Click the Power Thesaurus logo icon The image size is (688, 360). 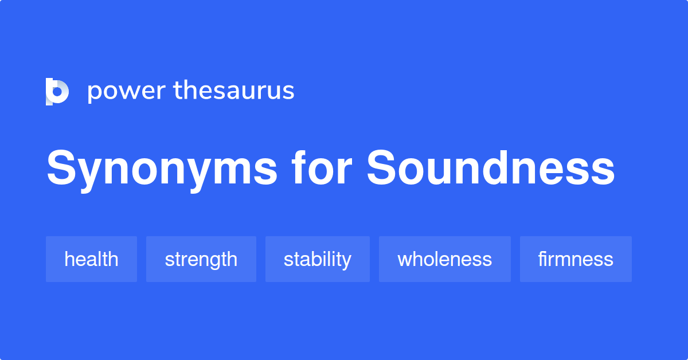click(57, 92)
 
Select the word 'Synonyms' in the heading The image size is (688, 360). click(162, 169)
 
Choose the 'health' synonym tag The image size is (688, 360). click(91, 259)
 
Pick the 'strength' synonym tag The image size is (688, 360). click(201, 259)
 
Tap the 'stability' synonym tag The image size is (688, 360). click(317, 259)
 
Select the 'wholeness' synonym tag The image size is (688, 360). click(444, 259)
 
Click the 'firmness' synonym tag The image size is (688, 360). click(576, 259)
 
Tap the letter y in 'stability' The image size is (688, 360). click(346, 261)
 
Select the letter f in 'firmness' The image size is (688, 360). click(541, 259)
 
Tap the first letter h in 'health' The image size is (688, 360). click(69, 259)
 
